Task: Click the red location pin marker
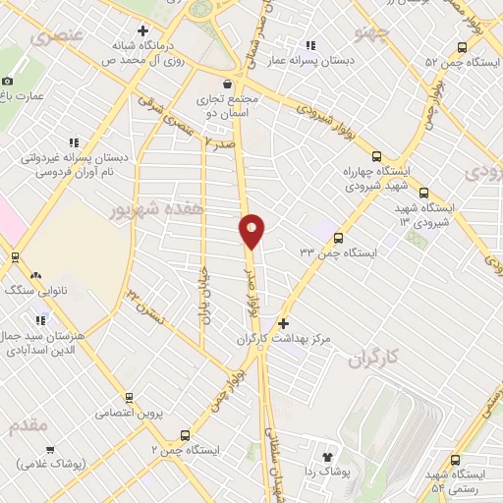252,231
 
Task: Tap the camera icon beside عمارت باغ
8,81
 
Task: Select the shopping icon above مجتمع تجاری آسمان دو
228,84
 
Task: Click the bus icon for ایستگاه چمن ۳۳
339,238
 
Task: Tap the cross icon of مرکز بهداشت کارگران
284,323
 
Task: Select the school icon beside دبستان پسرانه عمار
311,44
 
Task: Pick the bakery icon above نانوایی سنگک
36,277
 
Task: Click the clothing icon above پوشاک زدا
328,457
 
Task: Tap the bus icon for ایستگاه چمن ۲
185,434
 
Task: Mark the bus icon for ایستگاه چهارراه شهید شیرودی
376,155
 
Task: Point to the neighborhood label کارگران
374,361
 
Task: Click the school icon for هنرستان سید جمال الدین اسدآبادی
41,318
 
